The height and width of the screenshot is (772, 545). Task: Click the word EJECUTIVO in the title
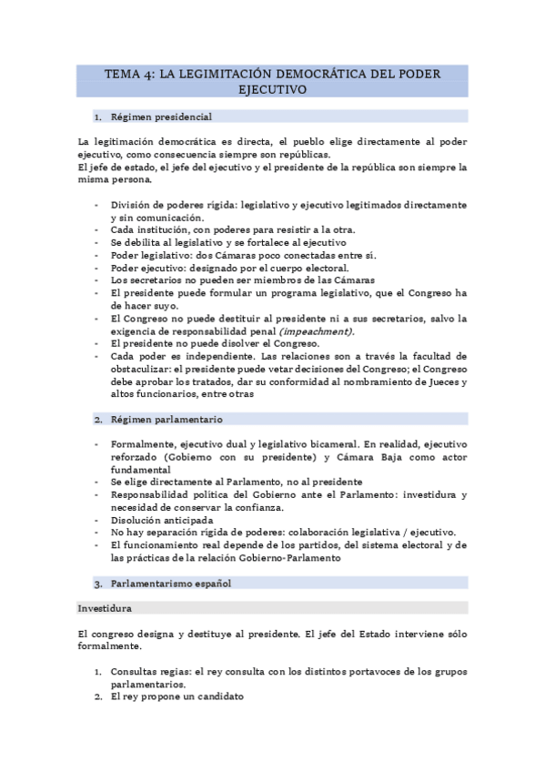click(272, 90)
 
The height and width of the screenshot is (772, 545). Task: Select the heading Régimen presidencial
click(161, 117)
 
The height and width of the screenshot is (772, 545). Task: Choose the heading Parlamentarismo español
click(171, 582)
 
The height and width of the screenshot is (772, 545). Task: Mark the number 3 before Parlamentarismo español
click(98, 582)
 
